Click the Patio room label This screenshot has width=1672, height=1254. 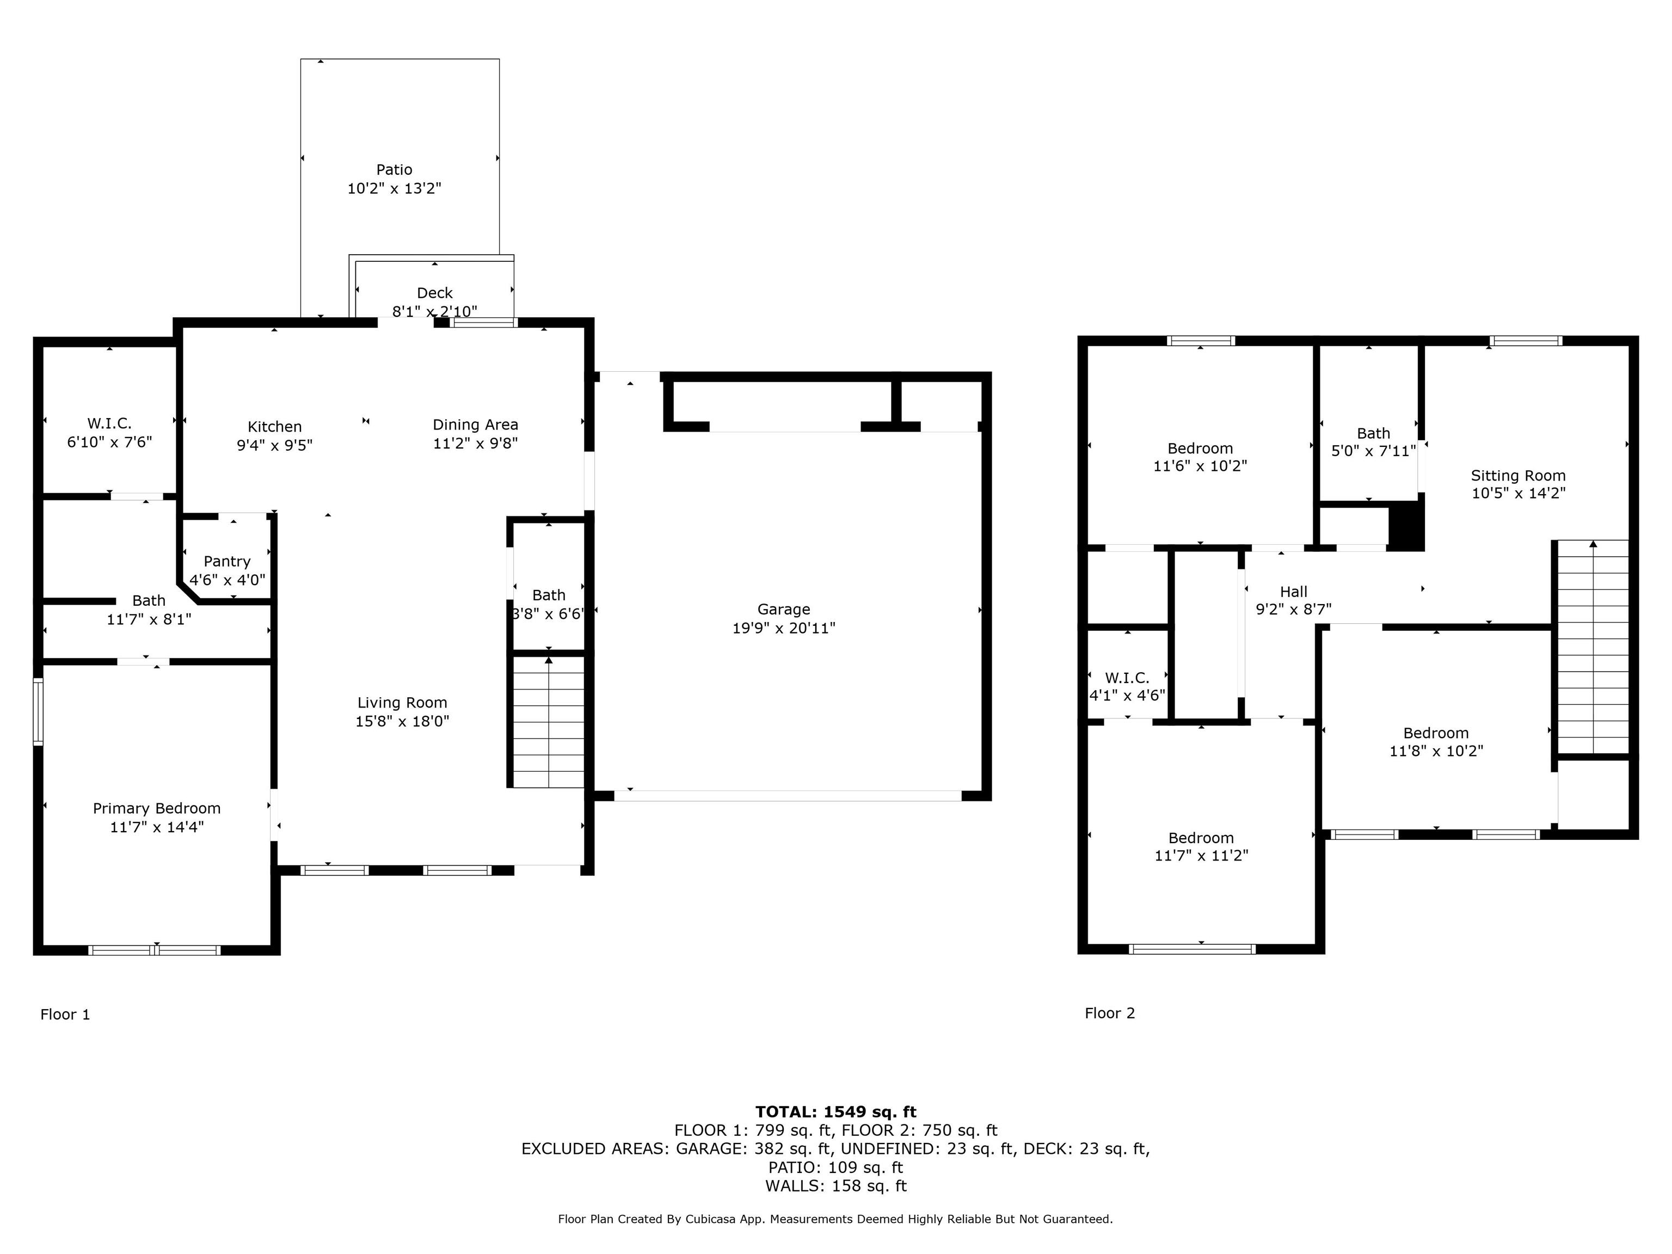point(394,170)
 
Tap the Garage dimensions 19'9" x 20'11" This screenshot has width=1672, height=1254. point(784,628)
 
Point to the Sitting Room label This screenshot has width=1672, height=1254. point(1518,476)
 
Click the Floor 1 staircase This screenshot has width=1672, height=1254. point(549,722)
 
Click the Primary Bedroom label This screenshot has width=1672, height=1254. point(156,808)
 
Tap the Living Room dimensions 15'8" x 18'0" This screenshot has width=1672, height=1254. point(402,721)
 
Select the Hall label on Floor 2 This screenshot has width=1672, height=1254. point(1293,592)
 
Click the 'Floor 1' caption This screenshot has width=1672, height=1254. point(65,1015)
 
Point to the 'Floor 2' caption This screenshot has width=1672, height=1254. point(1110,1013)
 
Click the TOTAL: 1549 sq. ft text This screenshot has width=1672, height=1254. point(835,1112)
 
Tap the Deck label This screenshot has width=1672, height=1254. point(435,292)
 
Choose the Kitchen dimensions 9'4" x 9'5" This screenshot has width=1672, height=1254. point(274,445)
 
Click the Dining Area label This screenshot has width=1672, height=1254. point(476,425)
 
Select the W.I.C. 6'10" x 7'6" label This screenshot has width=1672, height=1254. point(109,432)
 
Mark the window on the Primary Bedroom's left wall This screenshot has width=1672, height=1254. point(38,712)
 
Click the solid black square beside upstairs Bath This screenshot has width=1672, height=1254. point(1407,526)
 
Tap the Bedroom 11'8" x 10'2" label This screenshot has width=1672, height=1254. point(1436,741)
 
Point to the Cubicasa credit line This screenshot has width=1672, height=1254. point(835,1219)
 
